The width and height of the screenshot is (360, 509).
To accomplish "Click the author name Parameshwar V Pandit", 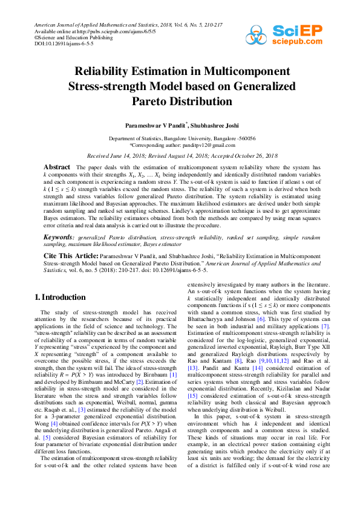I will point(153,124).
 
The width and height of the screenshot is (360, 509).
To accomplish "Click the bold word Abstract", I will point(57,166).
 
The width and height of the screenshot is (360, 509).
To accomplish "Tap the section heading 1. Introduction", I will point(61,297).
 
